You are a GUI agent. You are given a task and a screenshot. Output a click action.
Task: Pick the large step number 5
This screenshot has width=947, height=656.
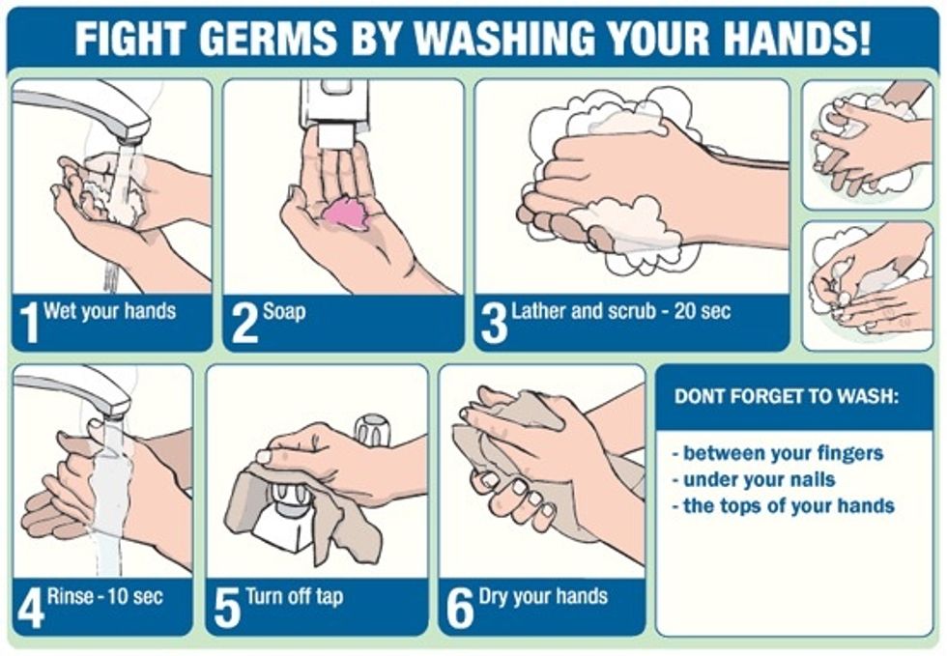tap(227, 610)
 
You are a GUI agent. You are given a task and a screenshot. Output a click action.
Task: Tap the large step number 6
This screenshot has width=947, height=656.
tap(460, 610)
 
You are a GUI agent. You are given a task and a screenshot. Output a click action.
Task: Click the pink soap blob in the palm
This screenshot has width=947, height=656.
tap(345, 213)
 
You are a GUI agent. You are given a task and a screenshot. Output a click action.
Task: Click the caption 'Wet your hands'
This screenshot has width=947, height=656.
tap(109, 311)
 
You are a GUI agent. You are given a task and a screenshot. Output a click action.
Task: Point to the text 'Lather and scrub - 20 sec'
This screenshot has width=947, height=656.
tap(621, 311)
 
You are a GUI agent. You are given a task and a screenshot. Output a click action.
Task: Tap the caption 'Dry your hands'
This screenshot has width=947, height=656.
tap(543, 595)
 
